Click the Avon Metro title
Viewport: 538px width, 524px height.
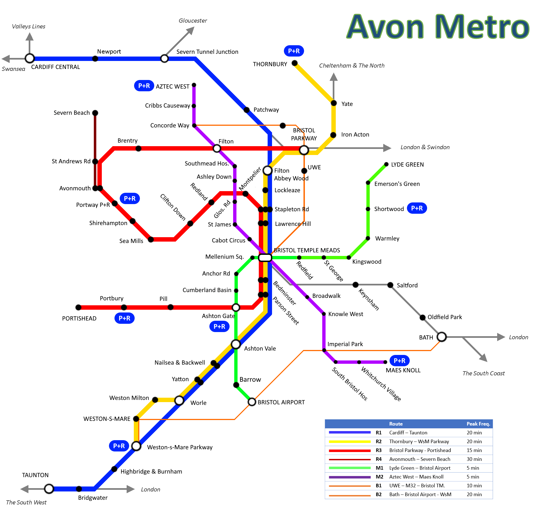tap(438, 27)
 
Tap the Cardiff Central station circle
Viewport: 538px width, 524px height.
tap(30, 58)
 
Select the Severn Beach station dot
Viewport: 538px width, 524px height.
tap(95, 113)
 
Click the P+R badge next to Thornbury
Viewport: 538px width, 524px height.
tap(294, 51)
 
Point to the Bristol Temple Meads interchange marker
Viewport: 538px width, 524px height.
tap(265, 258)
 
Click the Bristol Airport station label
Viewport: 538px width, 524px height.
tap(281, 402)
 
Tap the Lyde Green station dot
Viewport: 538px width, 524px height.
tap(386, 164)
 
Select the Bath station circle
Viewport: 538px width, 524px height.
tap(442, 337)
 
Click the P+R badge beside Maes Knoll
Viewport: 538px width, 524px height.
tap(399, 360)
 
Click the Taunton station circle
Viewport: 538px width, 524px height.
tap(49, 489)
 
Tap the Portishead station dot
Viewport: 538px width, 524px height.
tap(78, 307)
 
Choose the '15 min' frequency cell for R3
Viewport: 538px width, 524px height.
tap(474, 450)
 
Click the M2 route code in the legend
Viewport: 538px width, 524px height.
tap(379, 477)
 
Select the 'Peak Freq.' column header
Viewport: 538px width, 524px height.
tap(478, 424)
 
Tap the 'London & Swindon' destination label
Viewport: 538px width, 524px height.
tap(425, 147)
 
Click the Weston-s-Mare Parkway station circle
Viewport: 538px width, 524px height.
tap(136, 446)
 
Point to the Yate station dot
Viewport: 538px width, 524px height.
tap(334, 103)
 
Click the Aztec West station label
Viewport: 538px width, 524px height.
tap(172, 86)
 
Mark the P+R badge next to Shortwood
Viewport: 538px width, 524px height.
tap(417, 208)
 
